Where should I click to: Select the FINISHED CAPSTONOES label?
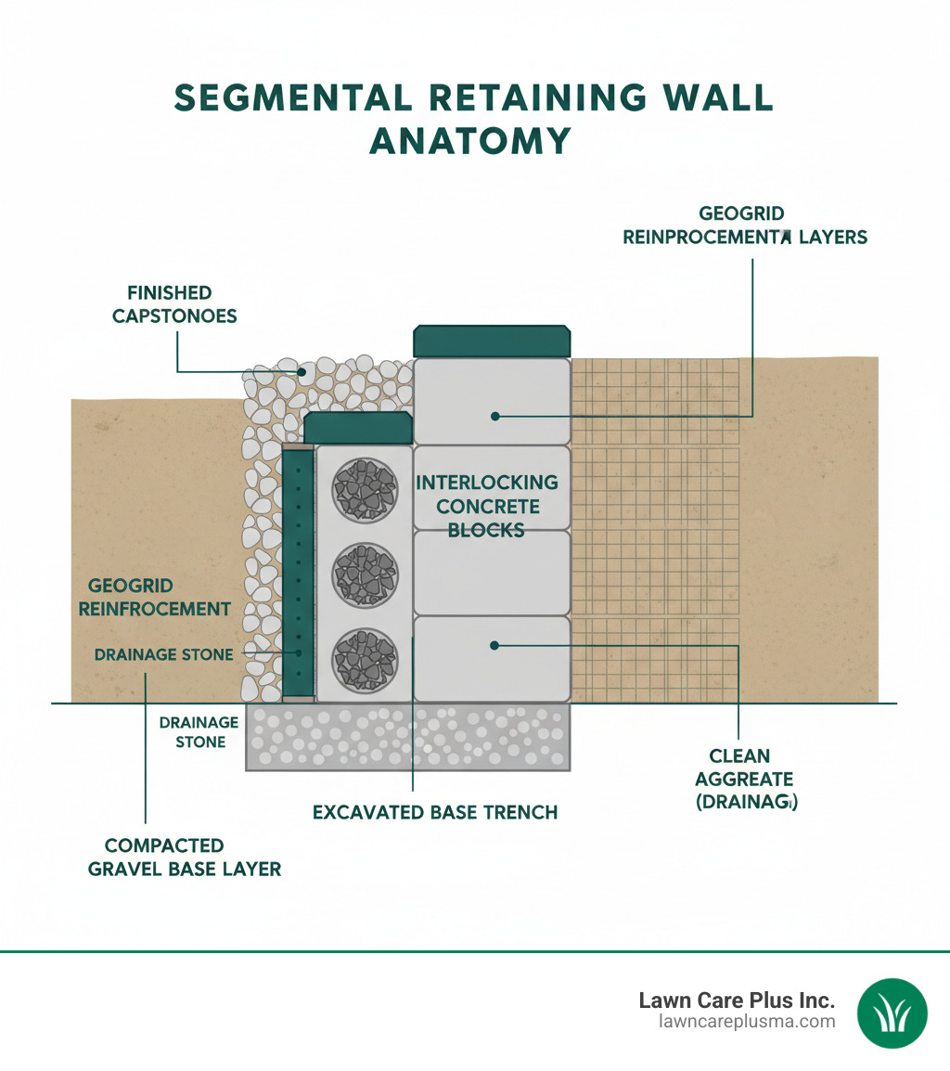[x=174, y=304]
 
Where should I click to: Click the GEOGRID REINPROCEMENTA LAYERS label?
[x=745, y=226]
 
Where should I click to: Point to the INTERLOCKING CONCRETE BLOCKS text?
[x=487, y=506]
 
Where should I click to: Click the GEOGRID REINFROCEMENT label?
[x=154, y=598]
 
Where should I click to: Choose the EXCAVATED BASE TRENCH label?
[x=435, y=812]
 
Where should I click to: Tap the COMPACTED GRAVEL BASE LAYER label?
[x=184, y=857]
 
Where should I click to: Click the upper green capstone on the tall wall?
[x=492, y=342]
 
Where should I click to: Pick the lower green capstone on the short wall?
[x=358, y=429]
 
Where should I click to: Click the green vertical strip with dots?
[x=298, y=573]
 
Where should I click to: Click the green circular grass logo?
[x=892, y=1012]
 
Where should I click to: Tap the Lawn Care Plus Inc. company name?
[x=737, y=1000]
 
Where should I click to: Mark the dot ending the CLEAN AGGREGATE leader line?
[x=495, y=644]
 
